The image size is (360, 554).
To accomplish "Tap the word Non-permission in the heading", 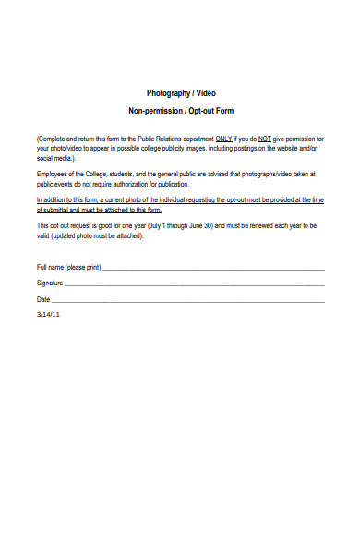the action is click(158, 112).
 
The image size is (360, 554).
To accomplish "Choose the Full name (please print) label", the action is click(68, 268).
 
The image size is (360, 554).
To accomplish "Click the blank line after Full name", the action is click(212, 270).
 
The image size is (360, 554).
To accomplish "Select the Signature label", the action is click(50, 283).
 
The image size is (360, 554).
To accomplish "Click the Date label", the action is click(43, 300).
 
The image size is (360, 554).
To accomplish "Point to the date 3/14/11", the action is click(48, 315).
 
